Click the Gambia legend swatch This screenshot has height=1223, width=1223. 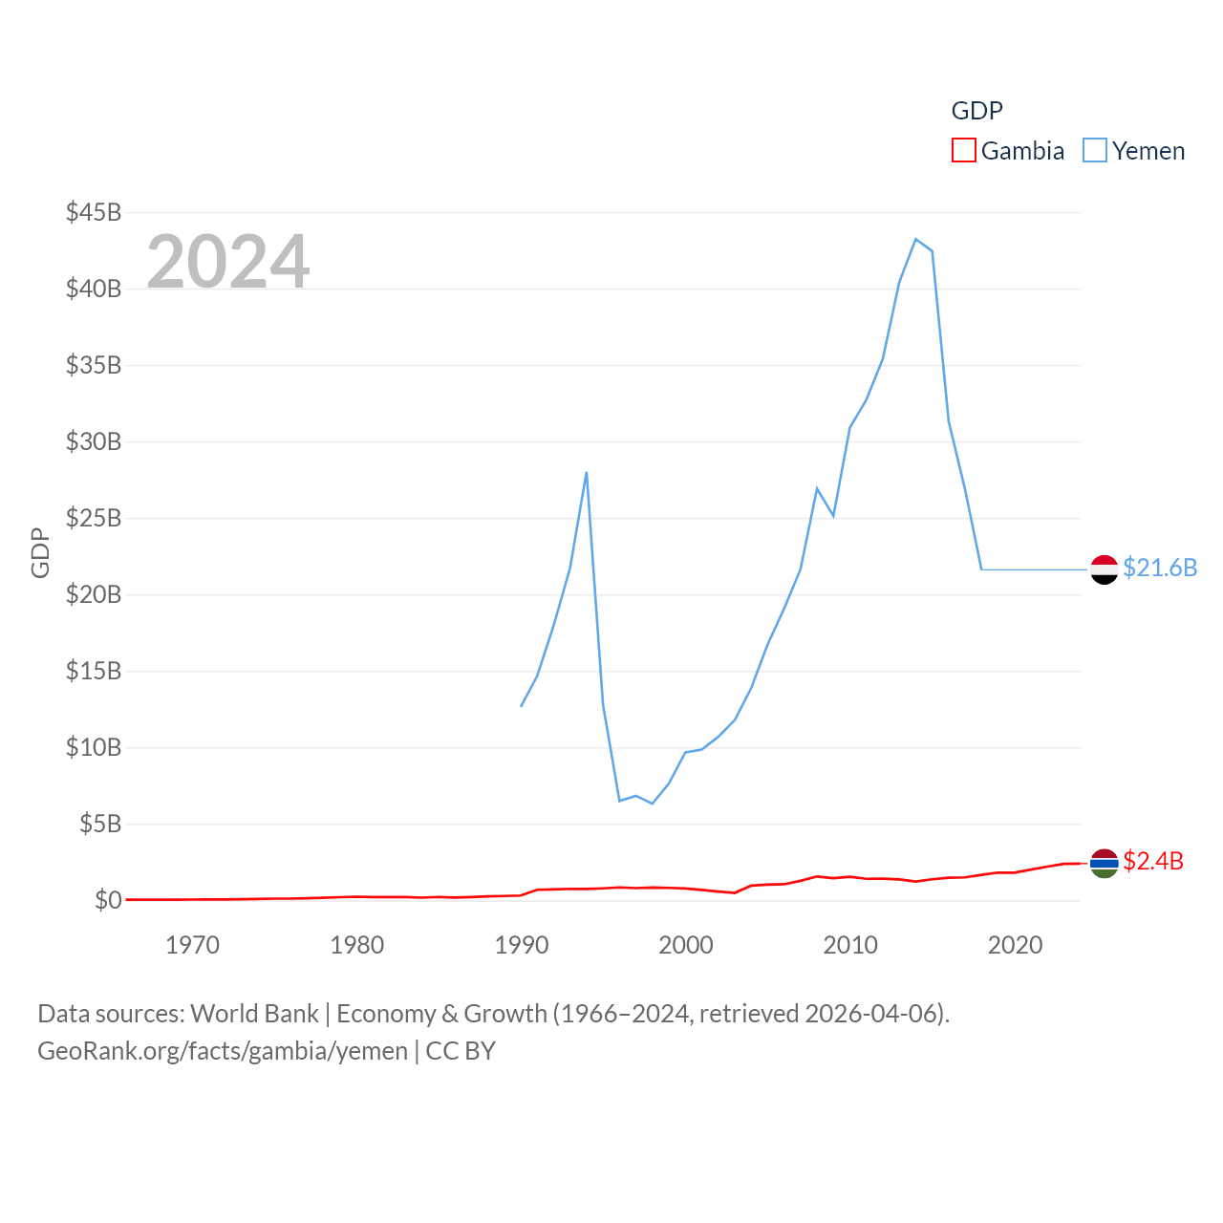point(963,151)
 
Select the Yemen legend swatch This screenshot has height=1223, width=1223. point(1094,151)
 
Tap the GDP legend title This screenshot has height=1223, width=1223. point(976,111)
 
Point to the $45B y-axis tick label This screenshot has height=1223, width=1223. point(94,212)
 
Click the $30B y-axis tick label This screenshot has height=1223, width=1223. point(94,441)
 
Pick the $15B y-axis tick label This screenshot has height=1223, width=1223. point(94,671)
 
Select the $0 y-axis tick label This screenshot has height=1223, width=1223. point(108,900)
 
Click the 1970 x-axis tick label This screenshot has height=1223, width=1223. point(192,945)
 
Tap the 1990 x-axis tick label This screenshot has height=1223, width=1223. point(522,945)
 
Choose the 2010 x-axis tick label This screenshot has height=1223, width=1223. point(850,945)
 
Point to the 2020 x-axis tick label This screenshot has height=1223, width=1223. point(1015,945)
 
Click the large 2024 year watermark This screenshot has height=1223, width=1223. point(228,261)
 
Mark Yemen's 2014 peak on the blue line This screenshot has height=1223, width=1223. point(915,239)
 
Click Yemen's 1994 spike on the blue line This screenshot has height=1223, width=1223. point(586,473)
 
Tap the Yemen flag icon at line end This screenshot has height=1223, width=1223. point(1104,569)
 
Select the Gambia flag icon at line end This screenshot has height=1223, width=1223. point(1104,863)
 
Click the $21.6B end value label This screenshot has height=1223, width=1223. point(1160,568)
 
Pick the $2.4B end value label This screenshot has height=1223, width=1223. point(1153,861)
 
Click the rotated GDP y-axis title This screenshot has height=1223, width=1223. point(40,552)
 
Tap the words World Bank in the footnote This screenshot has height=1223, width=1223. point(254,1014)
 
